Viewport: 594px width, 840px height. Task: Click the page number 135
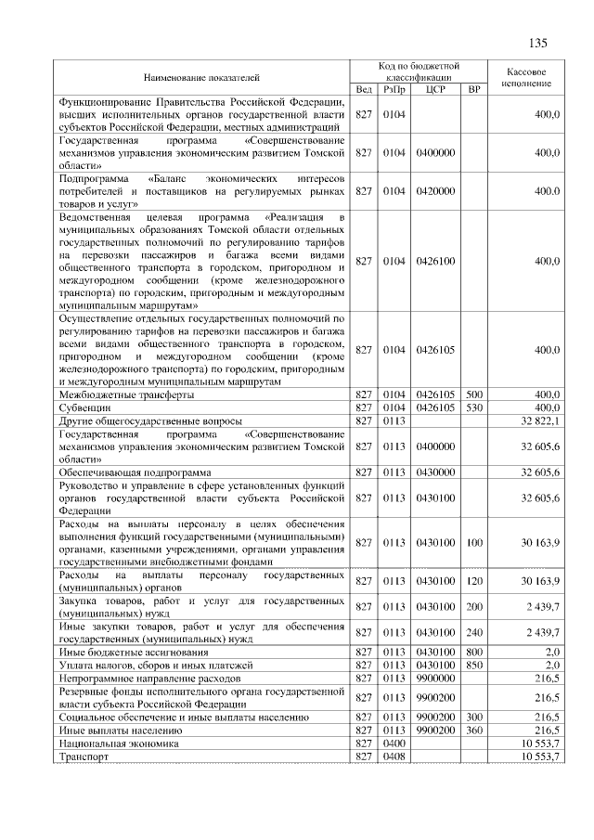537,44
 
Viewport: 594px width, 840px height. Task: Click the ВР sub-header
474,90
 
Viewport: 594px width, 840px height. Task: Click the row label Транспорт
84,757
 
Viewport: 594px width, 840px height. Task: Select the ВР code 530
474,407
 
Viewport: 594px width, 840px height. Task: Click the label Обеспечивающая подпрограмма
135,472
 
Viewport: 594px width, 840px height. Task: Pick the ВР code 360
474,731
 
